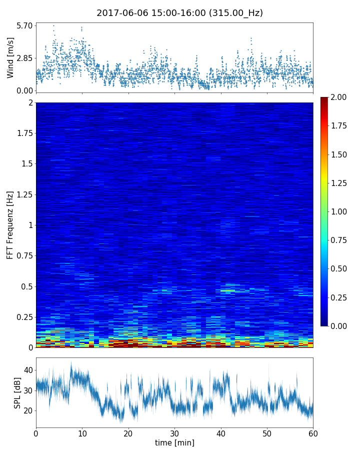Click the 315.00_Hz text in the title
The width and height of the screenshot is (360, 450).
[x=237, y=13]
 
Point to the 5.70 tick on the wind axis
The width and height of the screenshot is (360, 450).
[x=24, y=25]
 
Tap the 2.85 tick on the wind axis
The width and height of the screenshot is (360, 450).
[x=24, y=58]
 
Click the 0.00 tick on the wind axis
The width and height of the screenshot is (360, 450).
[x=24, y=90]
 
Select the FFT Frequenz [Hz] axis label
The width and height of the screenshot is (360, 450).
[x=10, y=224]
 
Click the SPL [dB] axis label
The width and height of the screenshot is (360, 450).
[x=17, y=392]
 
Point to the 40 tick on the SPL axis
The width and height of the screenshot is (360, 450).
[x=28, y=370]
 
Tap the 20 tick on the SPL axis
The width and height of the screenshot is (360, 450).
[x=28, y=410]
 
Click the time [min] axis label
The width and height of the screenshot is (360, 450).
[x=174, y=442]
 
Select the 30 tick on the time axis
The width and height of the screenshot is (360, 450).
[x=174, y=432]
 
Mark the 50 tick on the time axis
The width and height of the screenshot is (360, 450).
[x=267, y=432]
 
